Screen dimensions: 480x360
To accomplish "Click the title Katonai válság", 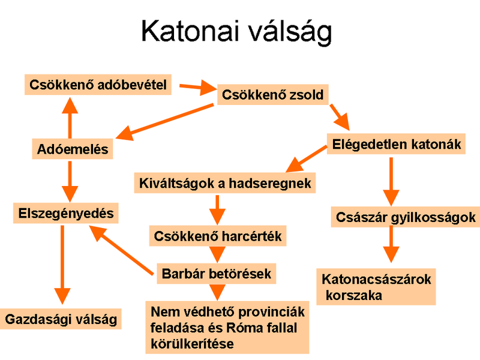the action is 236,32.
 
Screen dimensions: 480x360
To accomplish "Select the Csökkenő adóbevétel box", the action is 98,85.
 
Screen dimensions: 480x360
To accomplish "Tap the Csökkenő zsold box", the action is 273,95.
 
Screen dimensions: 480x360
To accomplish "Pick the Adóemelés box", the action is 73,149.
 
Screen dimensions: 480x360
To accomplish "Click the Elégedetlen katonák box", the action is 396,144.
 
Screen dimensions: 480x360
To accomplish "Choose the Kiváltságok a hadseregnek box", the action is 225,183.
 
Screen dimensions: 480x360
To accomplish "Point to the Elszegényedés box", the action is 66,213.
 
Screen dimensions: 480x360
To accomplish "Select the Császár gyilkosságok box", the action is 406,217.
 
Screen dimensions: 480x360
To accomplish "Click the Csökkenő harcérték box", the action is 218,236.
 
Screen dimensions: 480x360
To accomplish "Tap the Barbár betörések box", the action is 217,274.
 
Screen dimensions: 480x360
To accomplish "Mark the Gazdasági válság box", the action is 61,319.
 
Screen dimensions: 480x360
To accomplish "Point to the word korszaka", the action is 354,295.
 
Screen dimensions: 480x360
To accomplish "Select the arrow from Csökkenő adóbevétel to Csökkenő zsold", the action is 198,88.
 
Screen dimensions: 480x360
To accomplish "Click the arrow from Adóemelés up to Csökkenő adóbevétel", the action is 70,118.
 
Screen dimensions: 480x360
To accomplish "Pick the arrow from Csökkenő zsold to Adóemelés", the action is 164,122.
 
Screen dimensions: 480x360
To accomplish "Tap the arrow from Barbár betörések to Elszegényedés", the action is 121,250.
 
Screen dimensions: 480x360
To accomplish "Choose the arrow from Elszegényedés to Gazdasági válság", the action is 62,265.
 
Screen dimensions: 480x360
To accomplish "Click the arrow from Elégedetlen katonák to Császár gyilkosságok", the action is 391,182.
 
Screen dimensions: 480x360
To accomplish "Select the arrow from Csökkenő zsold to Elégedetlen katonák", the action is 340,118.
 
